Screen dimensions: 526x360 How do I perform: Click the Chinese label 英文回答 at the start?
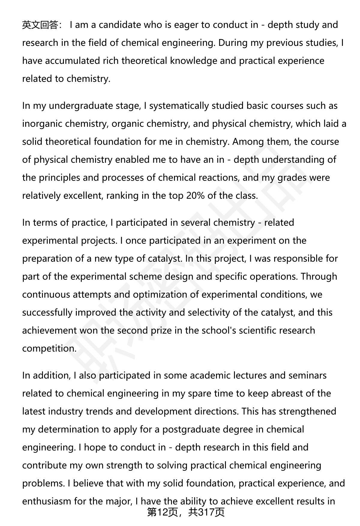40,25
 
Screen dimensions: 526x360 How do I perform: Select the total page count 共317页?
206,513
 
